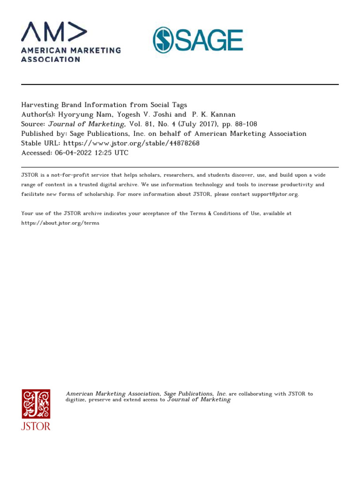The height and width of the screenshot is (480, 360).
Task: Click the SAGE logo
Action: point(197,40)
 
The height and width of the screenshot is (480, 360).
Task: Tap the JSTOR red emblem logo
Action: point(36,404)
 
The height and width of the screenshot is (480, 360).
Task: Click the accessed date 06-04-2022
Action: point(70,153)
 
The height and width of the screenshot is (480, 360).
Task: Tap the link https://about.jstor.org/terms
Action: point(60,223)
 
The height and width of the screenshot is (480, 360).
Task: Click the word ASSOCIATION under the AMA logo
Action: point(51,60)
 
